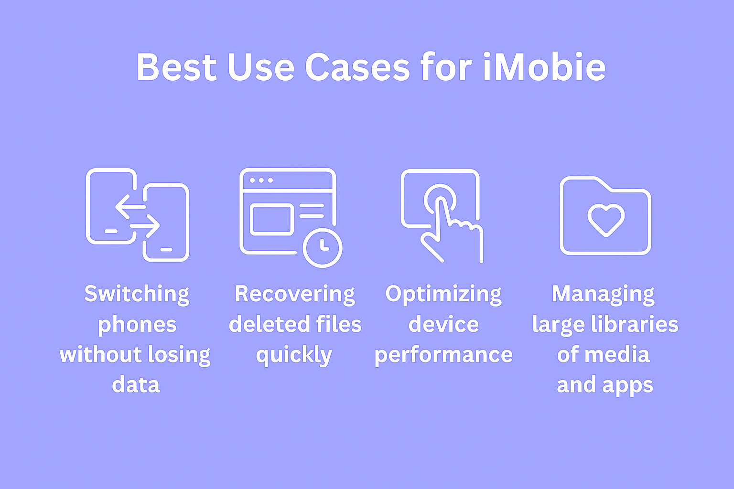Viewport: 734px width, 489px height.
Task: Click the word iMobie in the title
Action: [544, 67]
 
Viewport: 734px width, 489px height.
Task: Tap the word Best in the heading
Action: [177, 67]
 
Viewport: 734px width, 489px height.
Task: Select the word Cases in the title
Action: [357, 67]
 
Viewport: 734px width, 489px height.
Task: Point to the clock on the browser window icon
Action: [323, 248]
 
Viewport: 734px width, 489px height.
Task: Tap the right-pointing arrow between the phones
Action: [145, 225]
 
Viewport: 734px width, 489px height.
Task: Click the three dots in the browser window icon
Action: [261, 181]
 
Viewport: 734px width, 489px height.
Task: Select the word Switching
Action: [137, 294]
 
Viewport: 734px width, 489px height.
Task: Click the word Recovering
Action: [295, 294]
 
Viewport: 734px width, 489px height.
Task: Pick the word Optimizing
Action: [443, 294]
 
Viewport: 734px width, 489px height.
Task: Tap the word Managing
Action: [603, 294]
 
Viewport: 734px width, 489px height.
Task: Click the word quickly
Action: [294, 355]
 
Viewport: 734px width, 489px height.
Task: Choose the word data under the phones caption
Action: [136, 384]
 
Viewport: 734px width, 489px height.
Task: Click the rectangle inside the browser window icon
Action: [271, 220]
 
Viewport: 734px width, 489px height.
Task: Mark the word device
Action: [443, 324]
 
